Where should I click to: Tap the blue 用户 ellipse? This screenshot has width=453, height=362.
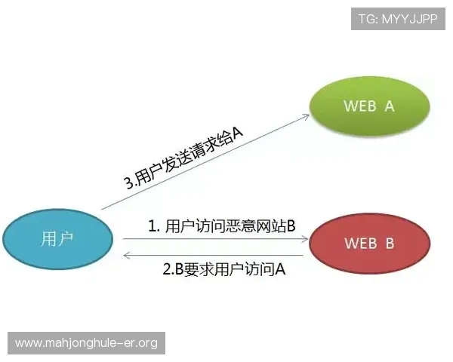(x=57, y=239)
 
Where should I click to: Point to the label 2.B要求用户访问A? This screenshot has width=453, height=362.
(x=224, y=268)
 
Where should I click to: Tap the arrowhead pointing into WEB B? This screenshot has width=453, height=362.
(x=306, y=239)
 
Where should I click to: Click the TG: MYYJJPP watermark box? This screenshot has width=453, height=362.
(x=398, y=19)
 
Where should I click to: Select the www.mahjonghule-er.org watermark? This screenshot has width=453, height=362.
(x=87, y=343)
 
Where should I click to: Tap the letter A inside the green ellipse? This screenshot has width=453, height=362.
(x=390, y=106)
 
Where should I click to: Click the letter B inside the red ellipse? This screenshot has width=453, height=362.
(x=390, y=243)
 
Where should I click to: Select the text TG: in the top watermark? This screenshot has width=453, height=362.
(x=368, y=19)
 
